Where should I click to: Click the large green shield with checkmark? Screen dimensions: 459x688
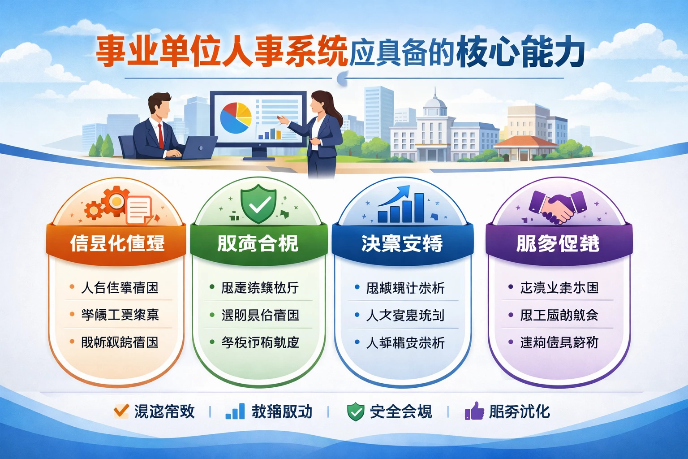(258, 204)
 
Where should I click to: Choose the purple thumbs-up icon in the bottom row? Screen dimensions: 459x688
(474, 411)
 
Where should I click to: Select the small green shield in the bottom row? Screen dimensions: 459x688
(356, 411)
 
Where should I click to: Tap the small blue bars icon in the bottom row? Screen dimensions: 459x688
(236, 411)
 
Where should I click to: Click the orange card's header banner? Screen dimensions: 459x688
(116, 243)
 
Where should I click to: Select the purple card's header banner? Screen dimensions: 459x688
(558, 243)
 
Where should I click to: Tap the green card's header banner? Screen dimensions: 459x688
(258, 243)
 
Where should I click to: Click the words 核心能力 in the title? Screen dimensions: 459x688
(520, 53)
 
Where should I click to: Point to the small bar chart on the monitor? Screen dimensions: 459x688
(269, 133)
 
